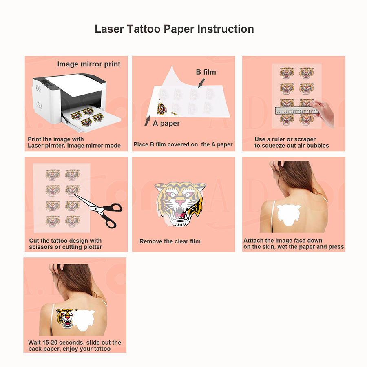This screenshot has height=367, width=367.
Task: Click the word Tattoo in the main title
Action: [x=144, y=29]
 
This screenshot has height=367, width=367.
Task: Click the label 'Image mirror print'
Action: [x=89, y=64]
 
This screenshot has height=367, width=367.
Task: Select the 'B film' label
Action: [x=206, y=72]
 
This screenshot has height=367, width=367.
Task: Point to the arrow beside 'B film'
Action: [x=201, y=83]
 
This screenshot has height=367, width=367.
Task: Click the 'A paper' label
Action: [x=166, y=123]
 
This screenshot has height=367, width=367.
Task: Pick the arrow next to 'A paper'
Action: [x=147, y=121]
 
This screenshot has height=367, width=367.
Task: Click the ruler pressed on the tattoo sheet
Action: [x=297, y=111]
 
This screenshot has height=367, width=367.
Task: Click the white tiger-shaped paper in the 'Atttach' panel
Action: [x=289, y=214]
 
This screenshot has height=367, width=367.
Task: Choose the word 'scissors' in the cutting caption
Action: [x=41, y=247]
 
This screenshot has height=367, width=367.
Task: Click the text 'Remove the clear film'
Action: [x=170, y=241]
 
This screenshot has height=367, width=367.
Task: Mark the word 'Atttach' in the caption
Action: [x=254, y=241]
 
